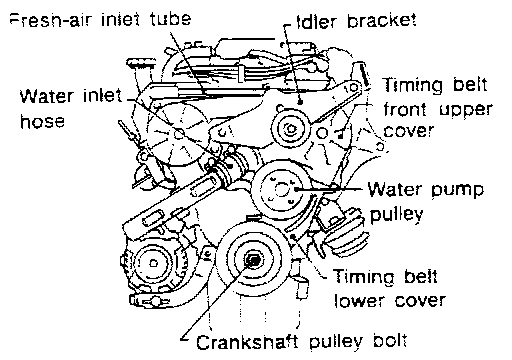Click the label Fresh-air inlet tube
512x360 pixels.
(x=101, y=19)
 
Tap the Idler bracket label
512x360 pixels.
(x=356, y=21)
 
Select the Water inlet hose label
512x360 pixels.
(x=71, y=108)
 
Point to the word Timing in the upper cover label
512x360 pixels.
(x=412, y=85)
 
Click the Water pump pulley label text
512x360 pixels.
(x=426, y=201)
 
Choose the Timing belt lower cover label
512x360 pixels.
(x=389, y=289)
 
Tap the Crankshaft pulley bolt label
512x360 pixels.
(x=302, y=342)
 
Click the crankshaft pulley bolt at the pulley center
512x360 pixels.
(x=253, y=261)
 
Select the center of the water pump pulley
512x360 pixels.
(x=279, y=190)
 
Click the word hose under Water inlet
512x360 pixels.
(x=42, y=121)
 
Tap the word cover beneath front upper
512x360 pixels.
(x=409, y=131)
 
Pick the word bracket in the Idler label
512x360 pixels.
(x=382, y=21)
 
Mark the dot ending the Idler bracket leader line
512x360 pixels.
(x=300, y=102)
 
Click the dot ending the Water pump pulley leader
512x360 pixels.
(x=296, y=189)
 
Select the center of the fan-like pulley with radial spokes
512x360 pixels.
(x=179, y=134)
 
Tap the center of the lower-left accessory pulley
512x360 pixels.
(x=153, y=263)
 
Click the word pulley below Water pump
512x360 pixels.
(x=396, y=215)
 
